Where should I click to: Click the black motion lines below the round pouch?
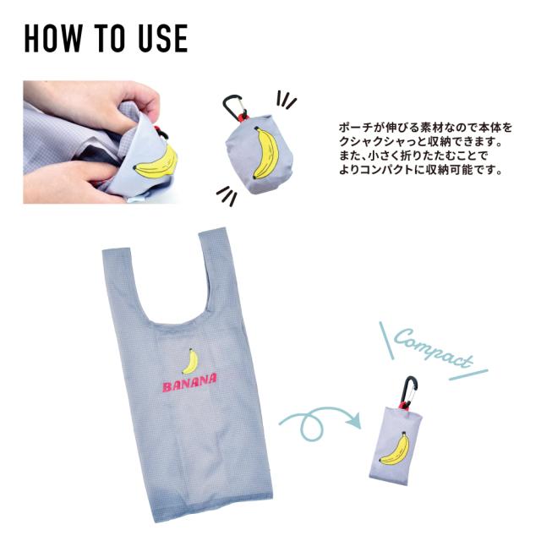(x=224, y=196)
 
